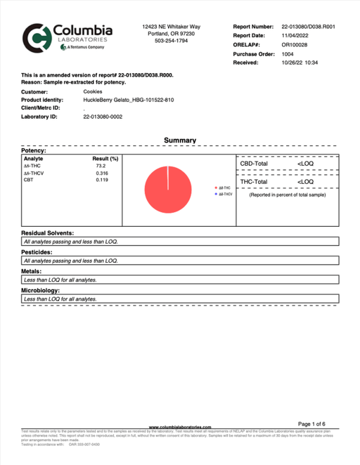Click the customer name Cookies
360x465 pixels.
coord(92,91)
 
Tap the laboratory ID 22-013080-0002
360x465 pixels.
coord(103,116)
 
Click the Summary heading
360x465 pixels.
coord(180,140)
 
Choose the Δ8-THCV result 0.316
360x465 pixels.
coord(102,173)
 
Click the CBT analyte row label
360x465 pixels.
coord(28,179)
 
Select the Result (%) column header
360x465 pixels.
coord(105,158)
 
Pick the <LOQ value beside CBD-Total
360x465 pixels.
coord(305,163)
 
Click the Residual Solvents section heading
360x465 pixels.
coord(48,232)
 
